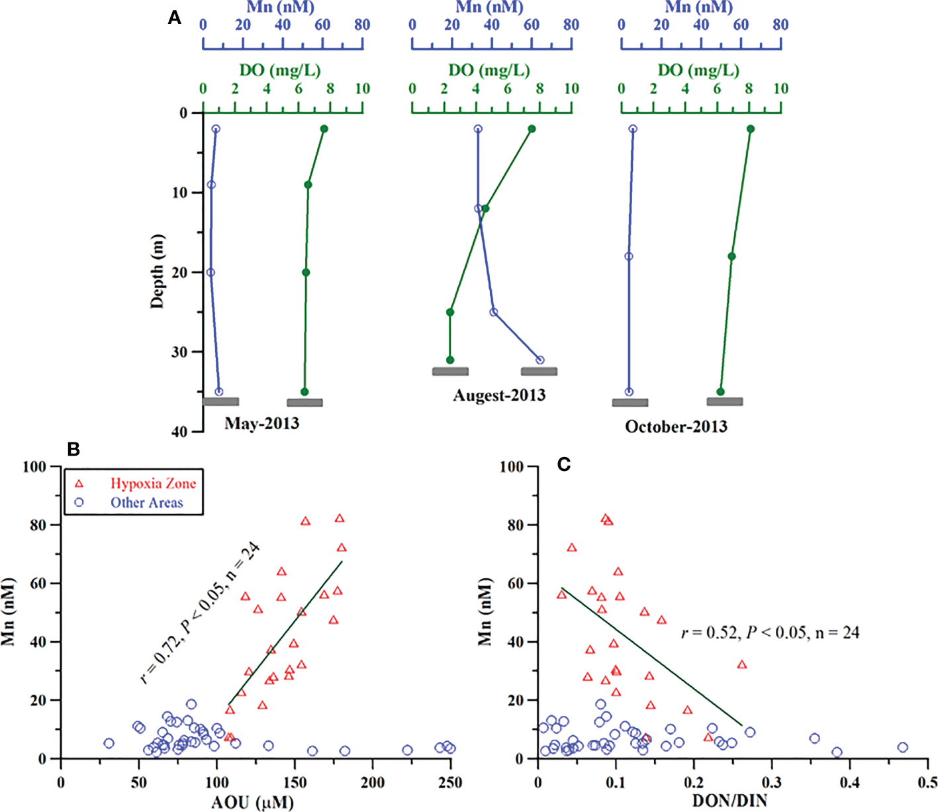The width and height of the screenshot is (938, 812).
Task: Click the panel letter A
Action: point(175,18)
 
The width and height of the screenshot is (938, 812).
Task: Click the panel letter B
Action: point(73,449)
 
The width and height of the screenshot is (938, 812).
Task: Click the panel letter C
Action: point(563,464)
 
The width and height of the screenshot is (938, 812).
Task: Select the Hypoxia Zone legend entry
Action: point(152,483)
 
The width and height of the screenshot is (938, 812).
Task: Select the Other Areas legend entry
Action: point(146,503)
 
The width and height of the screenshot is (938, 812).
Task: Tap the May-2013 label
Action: point(261,423)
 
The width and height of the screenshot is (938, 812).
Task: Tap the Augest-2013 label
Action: point(499,395)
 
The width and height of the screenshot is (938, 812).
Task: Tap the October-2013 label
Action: point(676,427)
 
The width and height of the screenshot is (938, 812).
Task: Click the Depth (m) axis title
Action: point(157,272)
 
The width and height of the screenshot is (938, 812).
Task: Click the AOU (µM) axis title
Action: point(252,802)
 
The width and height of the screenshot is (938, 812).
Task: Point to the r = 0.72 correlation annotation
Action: point(200,613)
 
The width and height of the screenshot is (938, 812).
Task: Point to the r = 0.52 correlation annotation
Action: point(770,633)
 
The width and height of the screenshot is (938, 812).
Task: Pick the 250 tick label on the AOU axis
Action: point(450,782)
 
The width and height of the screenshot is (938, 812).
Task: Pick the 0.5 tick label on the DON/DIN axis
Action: point(927,782)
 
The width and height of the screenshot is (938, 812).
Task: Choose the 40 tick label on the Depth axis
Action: point(179,432)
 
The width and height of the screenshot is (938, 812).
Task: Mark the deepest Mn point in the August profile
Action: point(539,360)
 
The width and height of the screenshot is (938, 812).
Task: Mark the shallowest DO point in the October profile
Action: point(750,129)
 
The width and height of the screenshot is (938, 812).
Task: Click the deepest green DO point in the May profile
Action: point(305,391)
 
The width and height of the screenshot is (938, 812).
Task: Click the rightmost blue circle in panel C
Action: point(902,747)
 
